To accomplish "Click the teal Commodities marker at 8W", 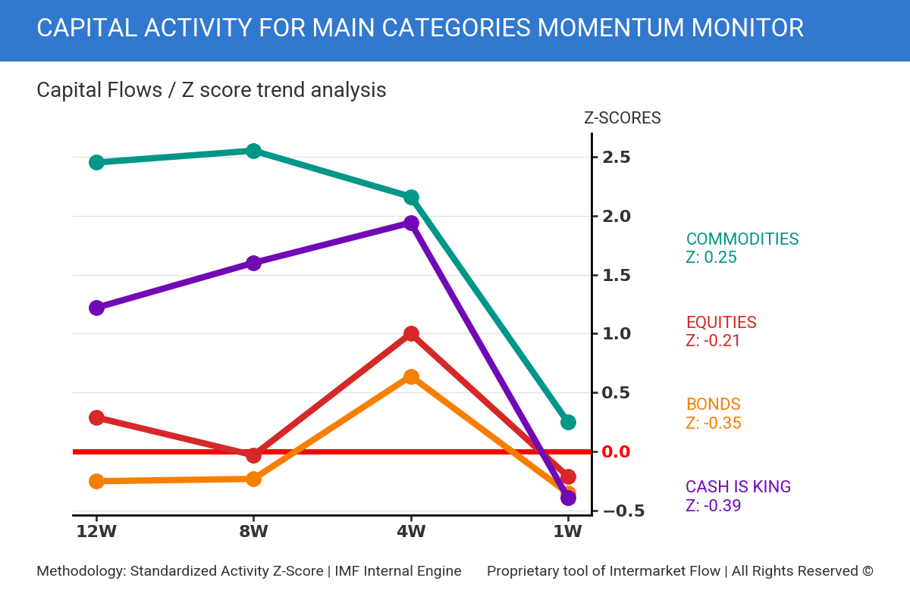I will [254, 151].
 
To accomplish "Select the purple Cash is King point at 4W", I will [411, 223].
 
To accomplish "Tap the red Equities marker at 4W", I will [411, 333].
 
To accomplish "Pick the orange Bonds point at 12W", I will [96, 481].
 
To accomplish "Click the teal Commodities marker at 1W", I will [568, 422].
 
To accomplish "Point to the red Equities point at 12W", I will [96, 417].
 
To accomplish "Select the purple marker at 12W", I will [96, 308].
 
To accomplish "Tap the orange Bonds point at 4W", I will [411, 376].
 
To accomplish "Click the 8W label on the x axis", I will [253, 531].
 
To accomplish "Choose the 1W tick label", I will [567, 531].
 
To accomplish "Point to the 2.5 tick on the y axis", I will [617, 158].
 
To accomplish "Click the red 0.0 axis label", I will [616, 452].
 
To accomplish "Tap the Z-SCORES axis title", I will [622, 118].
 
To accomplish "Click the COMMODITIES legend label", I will [742, 239].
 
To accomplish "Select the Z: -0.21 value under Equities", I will [713, 341].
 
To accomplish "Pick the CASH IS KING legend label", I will [738, 487].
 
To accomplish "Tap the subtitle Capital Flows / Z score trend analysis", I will [211, 90].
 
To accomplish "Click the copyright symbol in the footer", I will [868, 571].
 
